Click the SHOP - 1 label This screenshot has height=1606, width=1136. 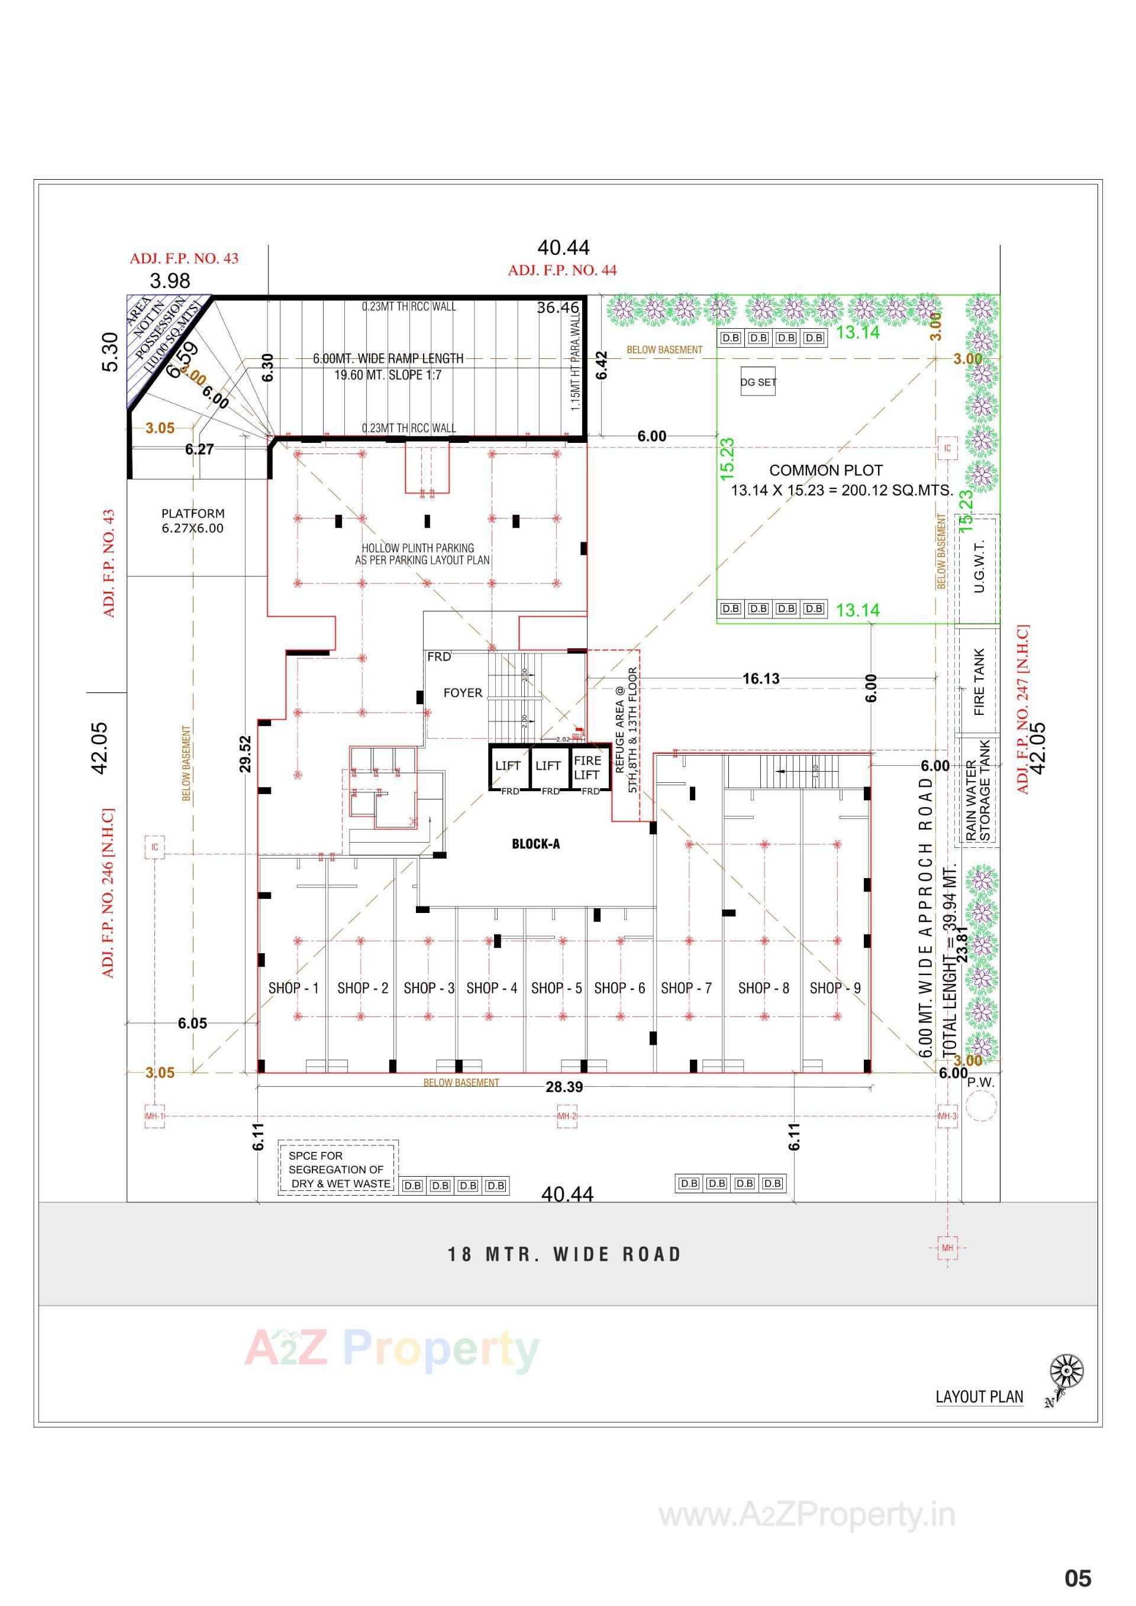293,987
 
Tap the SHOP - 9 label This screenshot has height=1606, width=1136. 835,987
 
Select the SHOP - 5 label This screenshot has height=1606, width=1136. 556,987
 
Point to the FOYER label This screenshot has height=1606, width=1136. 463,692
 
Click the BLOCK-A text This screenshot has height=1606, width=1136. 535,844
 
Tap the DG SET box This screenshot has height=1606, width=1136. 758,382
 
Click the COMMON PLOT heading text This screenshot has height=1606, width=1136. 826,470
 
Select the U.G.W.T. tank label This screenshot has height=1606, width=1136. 979,566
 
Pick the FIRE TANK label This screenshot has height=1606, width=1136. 979,681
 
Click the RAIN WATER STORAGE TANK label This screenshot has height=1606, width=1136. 979,791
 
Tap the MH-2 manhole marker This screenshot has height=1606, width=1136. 566,1116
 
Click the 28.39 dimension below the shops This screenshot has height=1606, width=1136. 564,1086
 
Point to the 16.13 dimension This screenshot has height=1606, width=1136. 761,678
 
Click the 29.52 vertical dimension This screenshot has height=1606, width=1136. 245,753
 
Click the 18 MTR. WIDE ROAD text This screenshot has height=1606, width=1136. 564,1254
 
